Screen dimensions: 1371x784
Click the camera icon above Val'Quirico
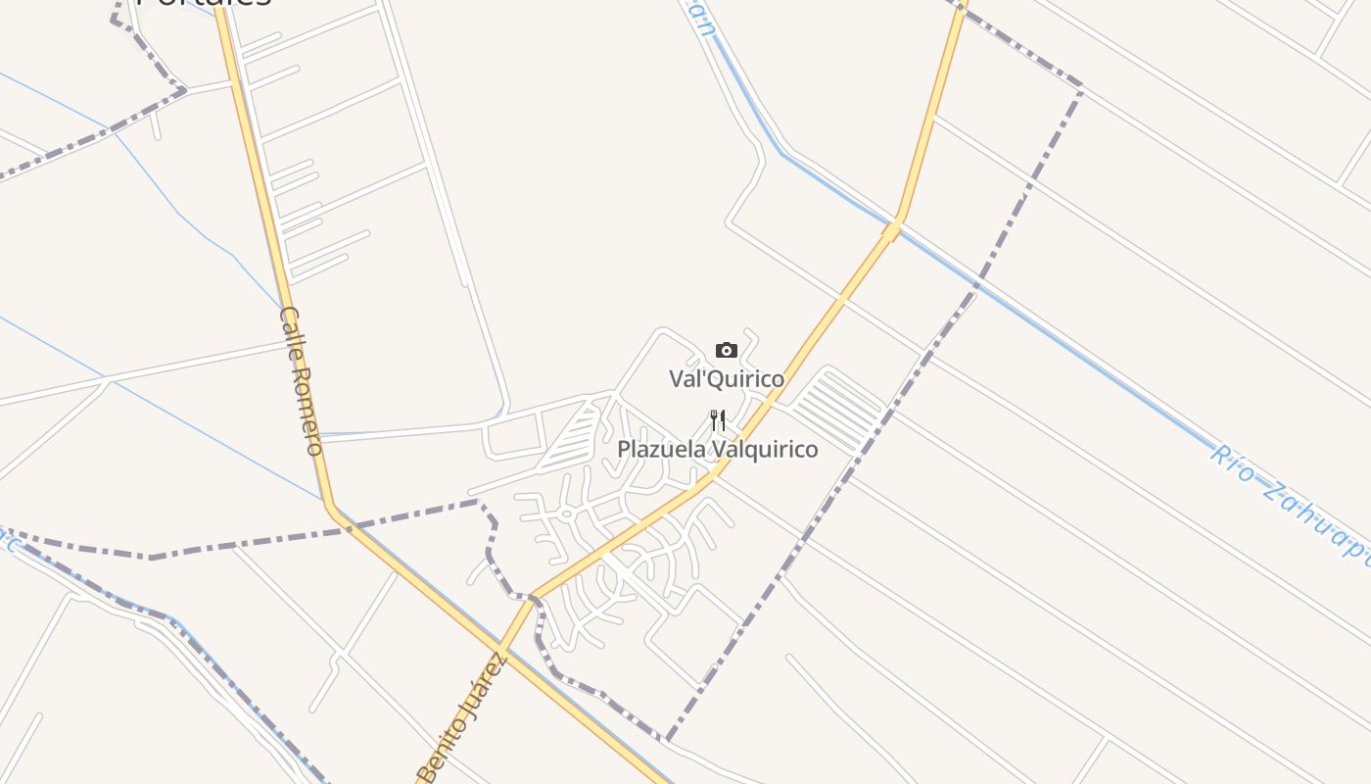pos(726,351)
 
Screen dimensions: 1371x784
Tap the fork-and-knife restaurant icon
pos(718,421)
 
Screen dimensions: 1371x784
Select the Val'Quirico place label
pos(727,378)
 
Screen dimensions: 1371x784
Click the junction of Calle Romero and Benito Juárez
pos(501,648)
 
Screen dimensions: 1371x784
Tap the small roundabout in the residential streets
pos(566,514)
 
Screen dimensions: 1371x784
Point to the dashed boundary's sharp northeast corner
pos(1081,89)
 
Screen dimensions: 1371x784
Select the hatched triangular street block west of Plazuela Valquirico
pos(573,436)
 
